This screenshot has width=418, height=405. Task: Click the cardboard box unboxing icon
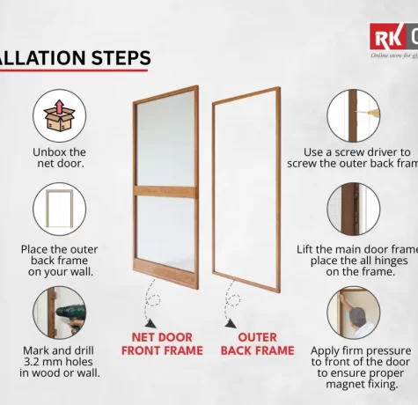(59, 115)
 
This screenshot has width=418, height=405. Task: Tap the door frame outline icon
(59, 209)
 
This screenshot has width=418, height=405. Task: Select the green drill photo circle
(59, 312)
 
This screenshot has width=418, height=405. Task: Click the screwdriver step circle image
(353, 115)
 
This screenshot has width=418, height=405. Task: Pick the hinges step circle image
(353, 209)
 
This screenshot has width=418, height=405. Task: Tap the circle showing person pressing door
(353, 312)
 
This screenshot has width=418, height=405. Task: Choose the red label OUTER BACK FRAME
(257, 343)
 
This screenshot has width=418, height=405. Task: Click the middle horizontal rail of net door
(165, 191)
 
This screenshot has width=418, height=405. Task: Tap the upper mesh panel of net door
(165, 139)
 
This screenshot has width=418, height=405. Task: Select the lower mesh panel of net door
(165, 233)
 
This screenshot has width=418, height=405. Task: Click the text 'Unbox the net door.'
(59, 158)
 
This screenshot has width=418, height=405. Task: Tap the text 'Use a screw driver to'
(356, 151)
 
